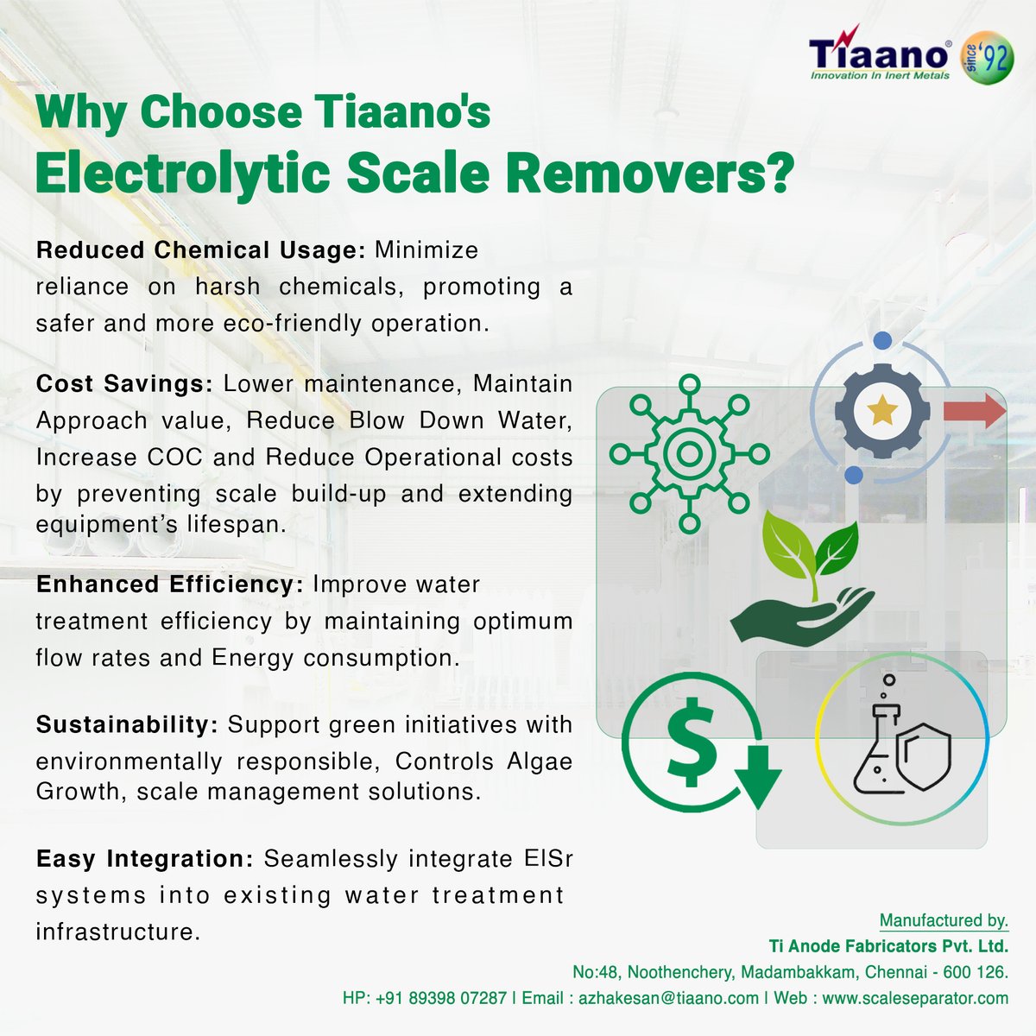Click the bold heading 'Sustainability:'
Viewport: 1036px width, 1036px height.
[127, 724]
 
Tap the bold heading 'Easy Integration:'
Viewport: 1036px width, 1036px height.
[144, 860]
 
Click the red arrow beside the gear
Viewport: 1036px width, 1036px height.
[974, 411]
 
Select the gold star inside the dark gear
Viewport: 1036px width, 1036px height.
[881, 411]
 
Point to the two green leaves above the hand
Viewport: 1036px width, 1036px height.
[806, 553]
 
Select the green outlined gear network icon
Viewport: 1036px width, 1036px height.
[689, 453]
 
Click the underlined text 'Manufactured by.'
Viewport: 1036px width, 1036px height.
[944, 920]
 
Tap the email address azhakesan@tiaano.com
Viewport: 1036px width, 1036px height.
[668, 998]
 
